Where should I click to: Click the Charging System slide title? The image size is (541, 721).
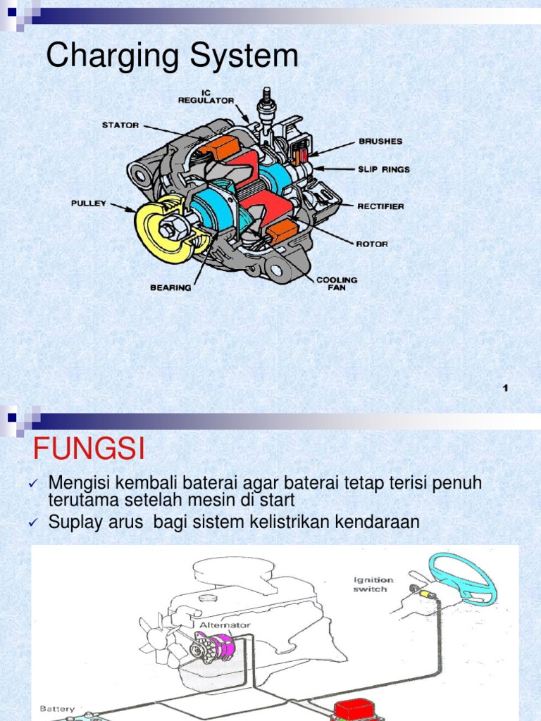click(172, 56)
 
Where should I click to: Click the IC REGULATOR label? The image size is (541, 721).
click(206, 96)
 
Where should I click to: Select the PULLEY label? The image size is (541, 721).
click(89, 203)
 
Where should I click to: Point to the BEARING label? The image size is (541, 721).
click(170, 287)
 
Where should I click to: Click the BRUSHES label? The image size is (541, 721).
click(380, 141)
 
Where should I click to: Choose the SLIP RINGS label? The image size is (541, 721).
click(384, 170)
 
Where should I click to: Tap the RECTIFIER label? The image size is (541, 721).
click(380, 206)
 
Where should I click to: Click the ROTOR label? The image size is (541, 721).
click(373, 244)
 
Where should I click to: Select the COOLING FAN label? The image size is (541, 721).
click(337, 283)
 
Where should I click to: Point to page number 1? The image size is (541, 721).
click(506, 389)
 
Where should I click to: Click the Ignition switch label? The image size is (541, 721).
click(373, 584)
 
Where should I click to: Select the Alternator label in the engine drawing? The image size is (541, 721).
click(225, 625)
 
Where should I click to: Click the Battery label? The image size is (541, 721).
click(57, 708)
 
